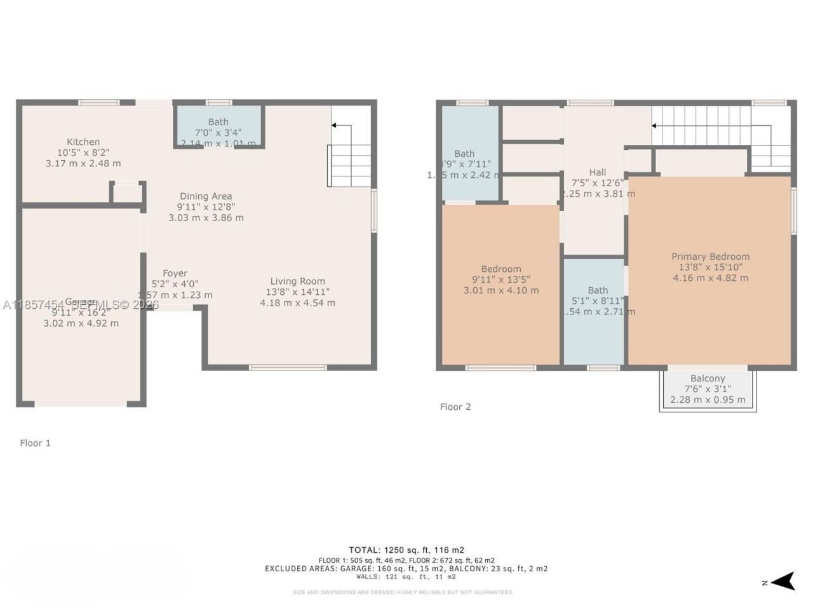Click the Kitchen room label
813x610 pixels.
83,142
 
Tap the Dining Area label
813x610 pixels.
205,196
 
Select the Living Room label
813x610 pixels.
297,281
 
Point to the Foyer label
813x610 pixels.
175,273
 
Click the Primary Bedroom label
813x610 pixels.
710,257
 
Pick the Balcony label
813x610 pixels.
708,378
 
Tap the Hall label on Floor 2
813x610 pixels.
597,172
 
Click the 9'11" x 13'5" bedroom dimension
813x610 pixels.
501,280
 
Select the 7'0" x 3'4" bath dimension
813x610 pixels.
218,133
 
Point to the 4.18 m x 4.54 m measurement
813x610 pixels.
297,302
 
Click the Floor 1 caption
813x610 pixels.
35,443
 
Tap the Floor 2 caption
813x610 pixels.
455,407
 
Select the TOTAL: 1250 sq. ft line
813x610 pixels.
406,550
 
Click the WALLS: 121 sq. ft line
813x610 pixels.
406,577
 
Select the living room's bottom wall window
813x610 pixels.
288,367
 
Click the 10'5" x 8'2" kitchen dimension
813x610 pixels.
83,152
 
